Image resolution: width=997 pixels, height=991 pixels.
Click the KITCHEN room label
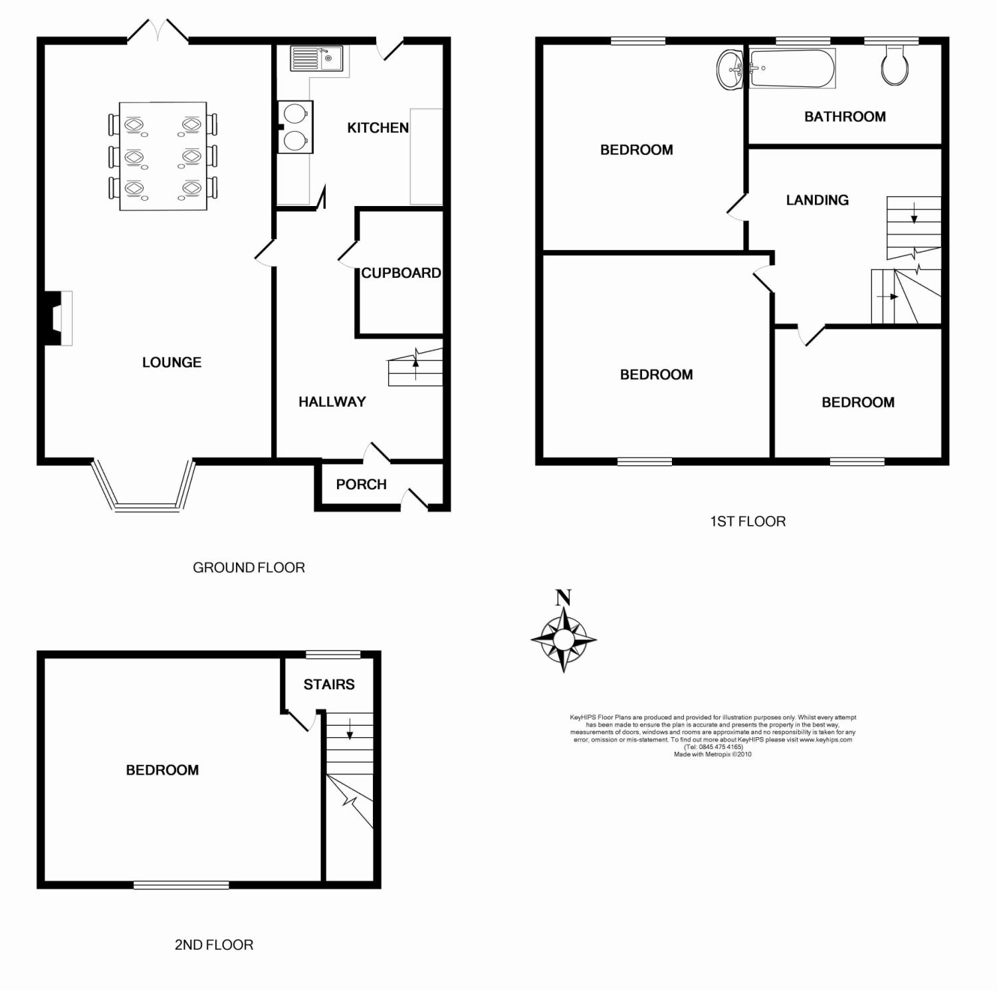pos(378,128)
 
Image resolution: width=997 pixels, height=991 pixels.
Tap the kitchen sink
pos(316,58)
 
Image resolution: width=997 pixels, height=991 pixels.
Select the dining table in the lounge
pos(163,156)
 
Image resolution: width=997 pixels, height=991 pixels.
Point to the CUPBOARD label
pos(401,273)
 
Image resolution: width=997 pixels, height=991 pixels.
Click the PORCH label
pos(361,485)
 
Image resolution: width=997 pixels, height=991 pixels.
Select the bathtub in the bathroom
pos(792,68)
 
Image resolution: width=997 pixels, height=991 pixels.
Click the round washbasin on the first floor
pos(731,68)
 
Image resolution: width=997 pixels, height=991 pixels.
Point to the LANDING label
pos(817,200)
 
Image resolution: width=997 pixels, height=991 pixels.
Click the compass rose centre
pos(564,639)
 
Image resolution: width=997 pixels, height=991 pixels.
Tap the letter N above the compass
pos(564,598)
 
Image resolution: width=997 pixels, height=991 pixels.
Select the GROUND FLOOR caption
pos(249,568)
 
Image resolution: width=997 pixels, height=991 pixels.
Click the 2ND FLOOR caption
pos(214,944)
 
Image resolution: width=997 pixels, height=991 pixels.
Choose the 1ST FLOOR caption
pos(748,521)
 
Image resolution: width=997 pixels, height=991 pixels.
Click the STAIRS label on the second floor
pos(329,685)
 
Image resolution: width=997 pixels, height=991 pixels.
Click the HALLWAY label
pos(332,401)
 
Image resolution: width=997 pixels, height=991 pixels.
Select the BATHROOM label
pos(845,117)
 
